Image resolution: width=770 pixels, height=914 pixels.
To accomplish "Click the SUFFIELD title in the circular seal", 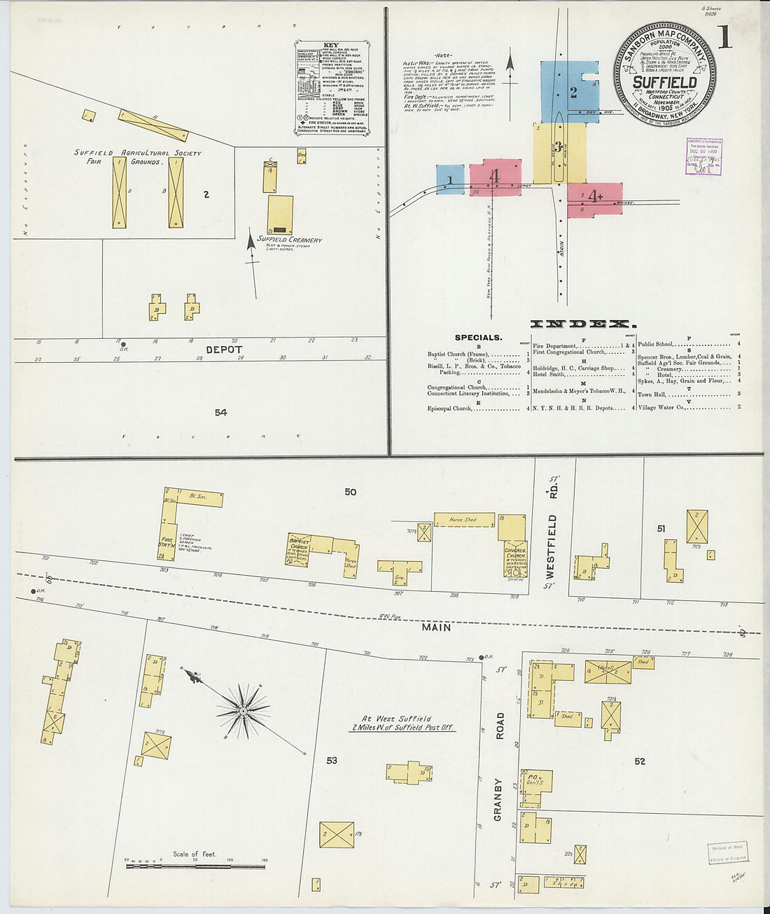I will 664,82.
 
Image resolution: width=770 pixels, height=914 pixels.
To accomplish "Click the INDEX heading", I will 583,324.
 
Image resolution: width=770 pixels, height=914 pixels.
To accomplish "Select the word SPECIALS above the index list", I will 478,338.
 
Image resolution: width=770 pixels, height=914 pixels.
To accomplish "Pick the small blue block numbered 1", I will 450,179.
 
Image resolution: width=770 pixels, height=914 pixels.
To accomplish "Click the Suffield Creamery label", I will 289,240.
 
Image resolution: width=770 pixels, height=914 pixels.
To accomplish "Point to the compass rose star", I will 243,711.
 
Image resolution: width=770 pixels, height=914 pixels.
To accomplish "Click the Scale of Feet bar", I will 195,866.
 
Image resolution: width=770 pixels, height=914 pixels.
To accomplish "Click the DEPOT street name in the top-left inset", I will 224,349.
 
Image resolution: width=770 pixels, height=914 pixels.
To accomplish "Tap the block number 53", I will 332,760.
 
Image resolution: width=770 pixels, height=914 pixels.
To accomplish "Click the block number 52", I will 639,761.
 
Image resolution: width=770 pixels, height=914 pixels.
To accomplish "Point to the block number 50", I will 350,492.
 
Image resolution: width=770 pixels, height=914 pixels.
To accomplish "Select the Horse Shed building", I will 464,520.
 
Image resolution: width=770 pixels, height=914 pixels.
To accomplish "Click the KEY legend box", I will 332,88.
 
